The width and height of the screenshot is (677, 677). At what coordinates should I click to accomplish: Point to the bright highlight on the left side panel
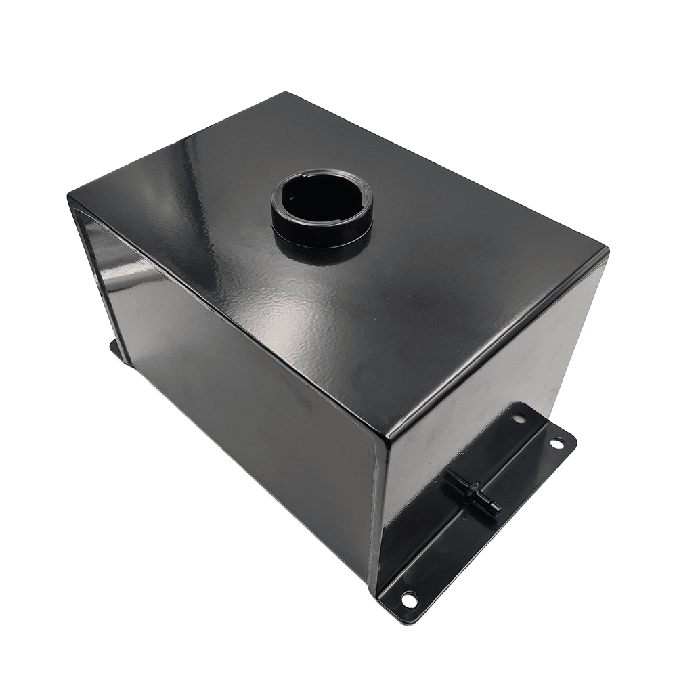coord(112,271)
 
